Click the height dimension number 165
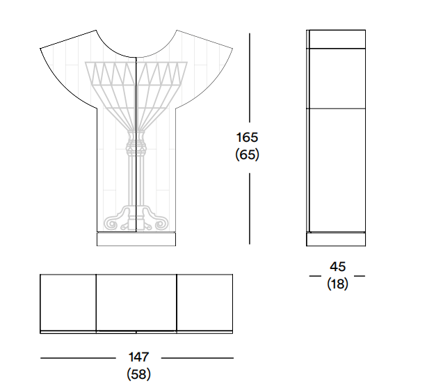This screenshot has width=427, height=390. coord(247,138)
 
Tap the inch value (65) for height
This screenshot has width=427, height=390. coord(247,154)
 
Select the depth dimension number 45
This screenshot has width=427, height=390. coord(338,267)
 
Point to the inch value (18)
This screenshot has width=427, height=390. coord(338,284)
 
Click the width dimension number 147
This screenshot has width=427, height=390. coord(138,357)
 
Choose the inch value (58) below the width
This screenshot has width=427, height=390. coord(138,374)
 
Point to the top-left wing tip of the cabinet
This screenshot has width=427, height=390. coord(40,49)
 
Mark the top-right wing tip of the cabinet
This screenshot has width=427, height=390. coord(232,49)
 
